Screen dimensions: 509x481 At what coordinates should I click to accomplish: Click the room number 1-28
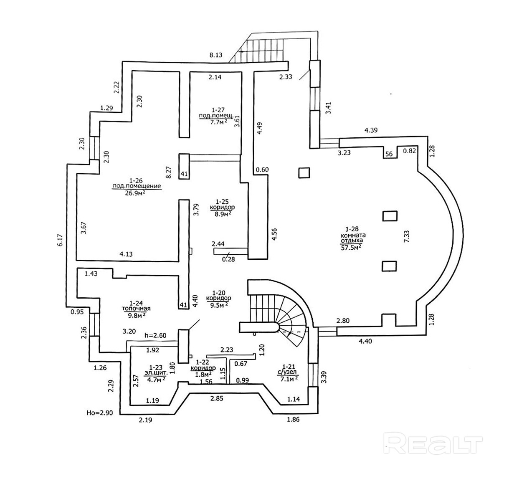tap(351, 229)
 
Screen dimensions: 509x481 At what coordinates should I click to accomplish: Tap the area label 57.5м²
tap(351, 247)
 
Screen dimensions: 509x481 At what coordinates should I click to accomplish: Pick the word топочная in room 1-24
tap(136, 309)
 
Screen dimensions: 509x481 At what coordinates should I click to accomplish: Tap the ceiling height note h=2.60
tap(155, 335)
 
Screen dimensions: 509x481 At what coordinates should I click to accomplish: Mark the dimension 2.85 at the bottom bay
tap(217, 398)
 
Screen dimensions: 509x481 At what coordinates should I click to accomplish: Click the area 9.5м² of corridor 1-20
tap(218, 305)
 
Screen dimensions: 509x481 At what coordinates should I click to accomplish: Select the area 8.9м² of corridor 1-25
tap(223, 213)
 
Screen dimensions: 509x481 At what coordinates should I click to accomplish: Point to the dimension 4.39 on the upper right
tap(371, 130)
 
